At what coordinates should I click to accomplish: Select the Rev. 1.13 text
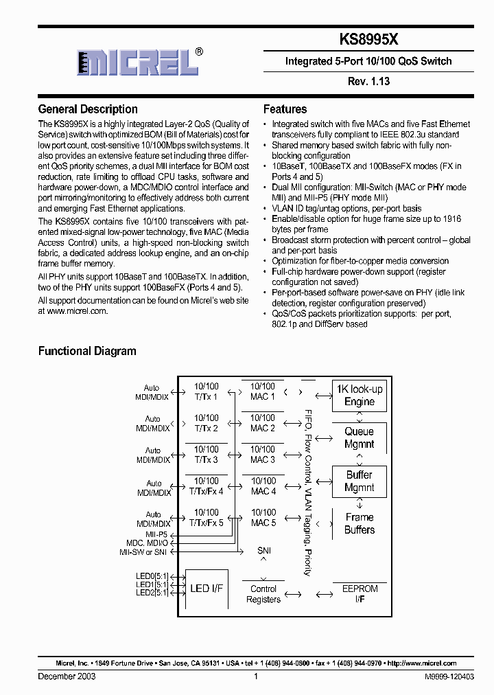click(x=368, y=81)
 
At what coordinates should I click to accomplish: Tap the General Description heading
click(x=88, y=109)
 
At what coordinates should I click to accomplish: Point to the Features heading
click(x=285, y=109)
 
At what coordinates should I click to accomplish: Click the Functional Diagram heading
click(x=87, y=351)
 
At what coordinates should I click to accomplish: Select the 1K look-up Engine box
click(x=359, y=396)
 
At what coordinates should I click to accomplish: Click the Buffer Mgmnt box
click(x=359, y=481)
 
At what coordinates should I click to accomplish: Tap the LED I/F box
click(x=207, y=589)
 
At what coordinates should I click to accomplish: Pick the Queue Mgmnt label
click(x=359, y=438)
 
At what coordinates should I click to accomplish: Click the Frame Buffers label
click(x=360, y=523)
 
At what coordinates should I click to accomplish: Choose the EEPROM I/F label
click(x=360, y=594)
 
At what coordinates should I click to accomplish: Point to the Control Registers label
click(x=263, y=594)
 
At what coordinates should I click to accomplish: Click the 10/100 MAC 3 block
click(x=263, y=455)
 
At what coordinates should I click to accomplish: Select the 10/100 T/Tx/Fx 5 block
click(x=206, y=518)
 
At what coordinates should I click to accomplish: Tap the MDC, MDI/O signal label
click(x=147, y=543)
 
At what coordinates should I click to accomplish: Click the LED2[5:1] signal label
click(x=152, y=593)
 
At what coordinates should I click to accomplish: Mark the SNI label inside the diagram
click(x=263, y=551)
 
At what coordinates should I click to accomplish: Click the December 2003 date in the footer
click(x=67, y=676)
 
